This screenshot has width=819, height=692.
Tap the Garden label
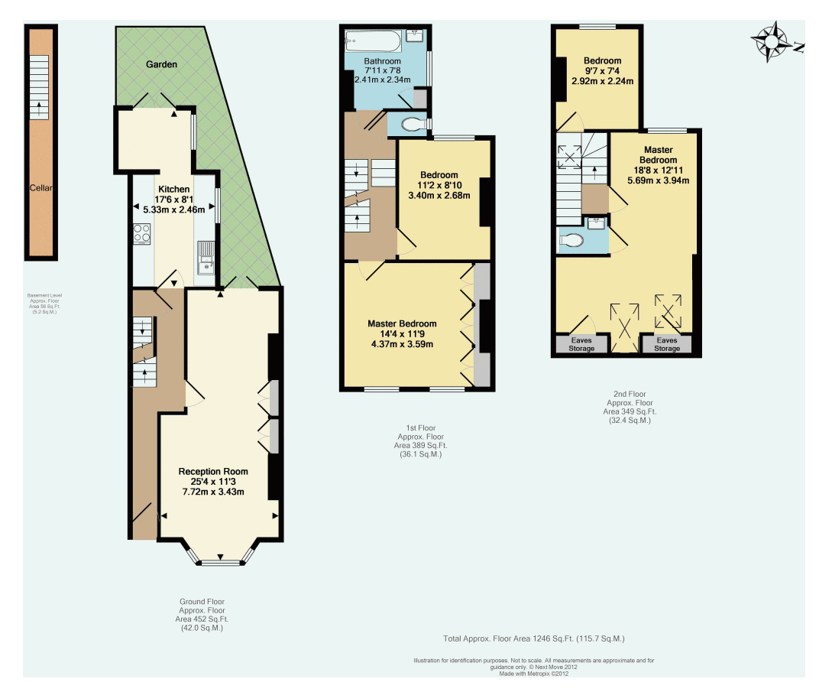pyautogui.click(x=161, y=65)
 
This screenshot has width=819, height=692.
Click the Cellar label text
pyautogui.click(x=40, y=188)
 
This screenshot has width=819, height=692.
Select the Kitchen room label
pyautogui.click(x=174, y=189)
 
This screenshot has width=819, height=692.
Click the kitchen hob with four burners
pyautogui.click(x=142, y=232)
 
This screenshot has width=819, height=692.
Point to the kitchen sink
pyautogui.click(x=205, y=257)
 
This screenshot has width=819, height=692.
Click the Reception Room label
pyautogui.click(x=213, y=471)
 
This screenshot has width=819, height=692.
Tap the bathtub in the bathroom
pyautogui.click(x=373, y=39)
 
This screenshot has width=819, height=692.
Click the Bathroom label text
pyautogui.click(x=382, y=61)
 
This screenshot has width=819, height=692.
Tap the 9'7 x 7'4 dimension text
pyautogui.click(x=602, y=71)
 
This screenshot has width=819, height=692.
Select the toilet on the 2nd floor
pyautogui.click(x=571, y=240)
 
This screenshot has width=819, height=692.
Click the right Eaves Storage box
pyautogui.click(x=666, y=344)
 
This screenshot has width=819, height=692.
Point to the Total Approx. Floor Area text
pyautogui.click(x=534, y=638)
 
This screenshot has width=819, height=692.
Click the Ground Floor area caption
pyautogui.click(x=202, y=615)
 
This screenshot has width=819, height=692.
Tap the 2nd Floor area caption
pyautogui.click(x=630, y=407)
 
